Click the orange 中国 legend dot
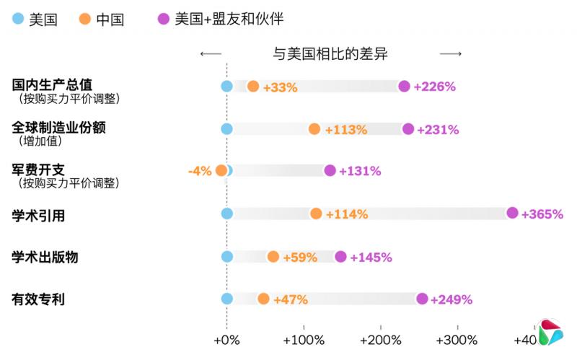point(85,19)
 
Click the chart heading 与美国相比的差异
point(331,54)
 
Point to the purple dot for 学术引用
point(512,213)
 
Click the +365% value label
point(542,214)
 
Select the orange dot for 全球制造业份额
point(314,129)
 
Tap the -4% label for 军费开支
point(199,171)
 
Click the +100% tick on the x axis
point(303,340)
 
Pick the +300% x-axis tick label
point(456,340)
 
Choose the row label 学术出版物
point(45,256)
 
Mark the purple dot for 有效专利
point(422,299)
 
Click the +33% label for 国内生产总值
point(280,87)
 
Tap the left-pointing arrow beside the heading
point(211,54)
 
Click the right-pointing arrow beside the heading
point(451,54)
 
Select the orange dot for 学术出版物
point(273,257)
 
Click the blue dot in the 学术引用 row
point(226,214)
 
